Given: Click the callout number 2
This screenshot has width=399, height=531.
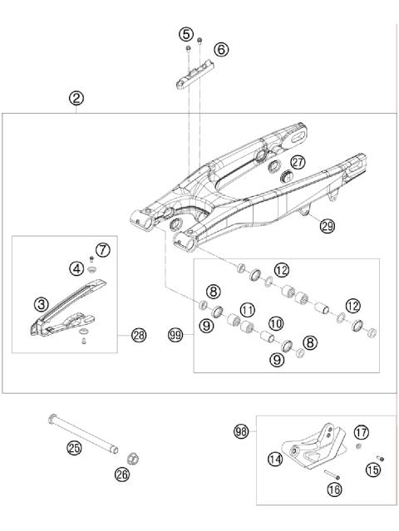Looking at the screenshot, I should pyautogui.click(x=76, y=98).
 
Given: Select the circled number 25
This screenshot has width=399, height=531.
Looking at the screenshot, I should pyautogui.click(x=75, y=448).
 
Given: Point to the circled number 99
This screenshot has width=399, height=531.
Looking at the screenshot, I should pyautogui.click(x=175, y=336).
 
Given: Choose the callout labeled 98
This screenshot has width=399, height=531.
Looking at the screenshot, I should pyautogui.click(x=243, y=431).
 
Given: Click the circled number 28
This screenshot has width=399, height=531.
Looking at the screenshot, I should pyautogui.click(x=138, y=336).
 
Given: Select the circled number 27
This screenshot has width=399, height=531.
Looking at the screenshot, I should pyautogui.click(x=298, y=163).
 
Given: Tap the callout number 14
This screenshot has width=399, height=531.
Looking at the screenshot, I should pyautogui.click(x=274, y=458).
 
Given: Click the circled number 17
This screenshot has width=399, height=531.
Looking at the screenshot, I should pyautogui.click(x=362, y=431).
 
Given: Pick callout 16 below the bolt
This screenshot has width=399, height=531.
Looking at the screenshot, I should pyautogui.click(x=335, y=490).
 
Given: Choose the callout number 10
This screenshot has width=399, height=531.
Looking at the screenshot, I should pyautogui.click(x=275, y=322).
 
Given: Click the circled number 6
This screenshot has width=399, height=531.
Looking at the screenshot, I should pyautogui.click(x=221, y=50).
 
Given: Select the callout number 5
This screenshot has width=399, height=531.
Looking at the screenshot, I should pyautogui.click(x=186, y=34).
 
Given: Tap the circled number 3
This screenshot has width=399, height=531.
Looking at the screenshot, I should pyautogui.click(x=39, y=303).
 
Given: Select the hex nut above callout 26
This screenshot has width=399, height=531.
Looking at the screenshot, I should pyautogui.click(x=131, y=458).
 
